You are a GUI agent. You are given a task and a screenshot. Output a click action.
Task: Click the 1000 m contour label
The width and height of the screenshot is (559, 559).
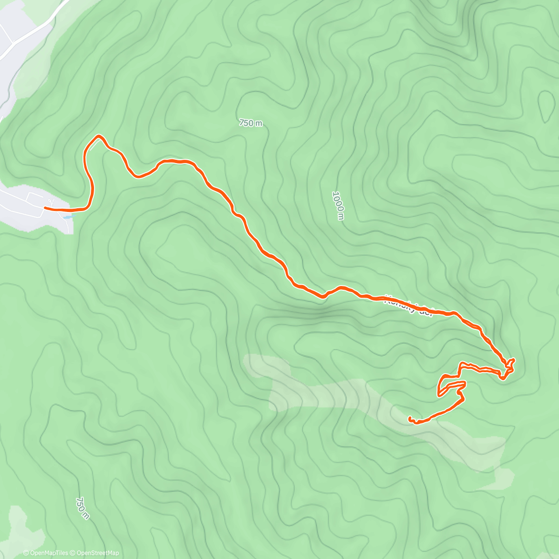339,205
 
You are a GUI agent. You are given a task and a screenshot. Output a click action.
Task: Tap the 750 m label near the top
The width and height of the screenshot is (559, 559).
251,123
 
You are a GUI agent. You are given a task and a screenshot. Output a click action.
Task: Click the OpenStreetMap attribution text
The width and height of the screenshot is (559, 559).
97,553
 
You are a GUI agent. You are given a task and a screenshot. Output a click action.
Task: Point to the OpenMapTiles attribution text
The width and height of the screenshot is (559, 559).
48,553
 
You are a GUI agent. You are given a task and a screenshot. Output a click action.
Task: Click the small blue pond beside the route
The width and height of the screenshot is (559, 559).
68,217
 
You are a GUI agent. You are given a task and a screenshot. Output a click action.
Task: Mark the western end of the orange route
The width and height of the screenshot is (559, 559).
45,208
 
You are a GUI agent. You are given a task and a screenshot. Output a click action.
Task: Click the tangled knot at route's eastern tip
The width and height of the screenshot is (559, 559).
508,368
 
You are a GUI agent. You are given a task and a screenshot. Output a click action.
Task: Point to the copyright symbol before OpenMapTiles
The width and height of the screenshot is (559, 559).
26,553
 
